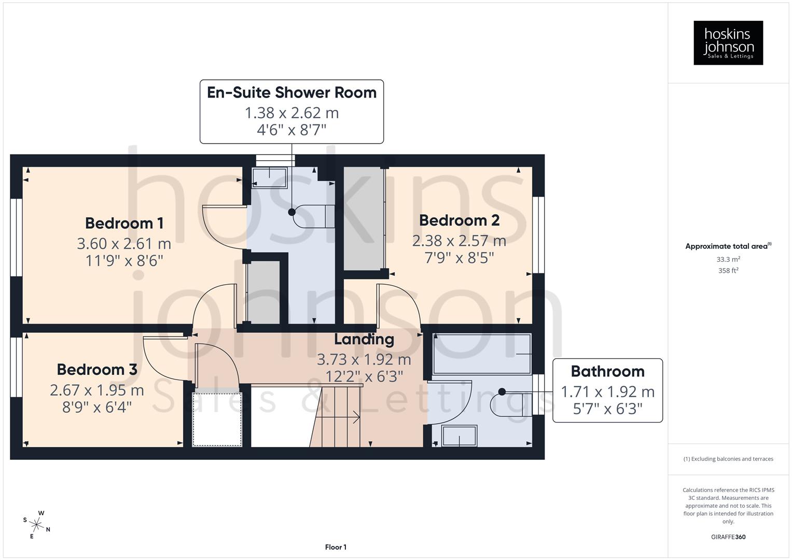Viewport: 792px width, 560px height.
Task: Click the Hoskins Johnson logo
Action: click(x=728, y=43)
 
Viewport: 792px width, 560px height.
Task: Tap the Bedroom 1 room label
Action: click(x=124, y=223)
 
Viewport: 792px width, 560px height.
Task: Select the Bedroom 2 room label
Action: click(x=459, y=220)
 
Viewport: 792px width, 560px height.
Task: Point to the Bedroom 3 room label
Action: click(x=97, y=369)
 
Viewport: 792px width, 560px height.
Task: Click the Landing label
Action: click(x=364, y=339)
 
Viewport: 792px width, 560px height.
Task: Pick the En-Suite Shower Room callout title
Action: click(x=291, y=92)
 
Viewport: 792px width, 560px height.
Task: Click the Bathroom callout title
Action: click(x=607, y=371)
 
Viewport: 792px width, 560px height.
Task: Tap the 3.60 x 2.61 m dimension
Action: click(x=124, y=243)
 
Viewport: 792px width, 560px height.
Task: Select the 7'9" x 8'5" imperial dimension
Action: click(x=459, y=258)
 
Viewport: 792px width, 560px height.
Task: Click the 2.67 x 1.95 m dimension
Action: click(x=97, y=389)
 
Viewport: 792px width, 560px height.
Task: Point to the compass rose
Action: click(x=36, y=524)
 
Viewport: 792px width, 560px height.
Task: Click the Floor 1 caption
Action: click(x=336, y=547)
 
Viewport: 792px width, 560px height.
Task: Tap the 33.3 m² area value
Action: click(x=728, y=259)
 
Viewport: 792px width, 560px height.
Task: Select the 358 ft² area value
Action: click(x=728, y=271)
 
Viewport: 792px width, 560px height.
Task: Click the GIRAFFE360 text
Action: click(x=728, y=537)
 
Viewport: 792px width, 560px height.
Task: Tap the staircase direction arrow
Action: click(x=356, y=416)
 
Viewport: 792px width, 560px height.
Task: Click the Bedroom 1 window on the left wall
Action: click(x=17, y=237)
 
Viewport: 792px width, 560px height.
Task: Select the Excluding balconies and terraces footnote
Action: click(x=728, y=459)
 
